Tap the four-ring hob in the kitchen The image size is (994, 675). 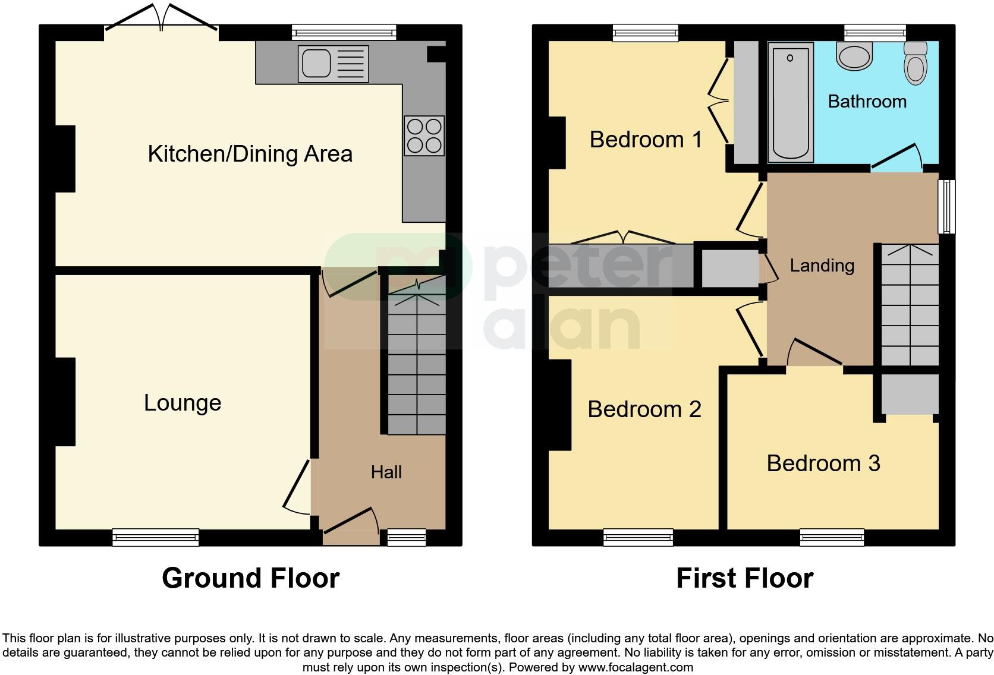click(x=424, y=135)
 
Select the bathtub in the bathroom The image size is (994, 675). click(x=790, y=102)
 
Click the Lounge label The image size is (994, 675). click(x=183, y=403)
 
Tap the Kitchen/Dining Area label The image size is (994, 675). click(x=250, y=154)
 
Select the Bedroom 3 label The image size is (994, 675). click(x=823, y=463)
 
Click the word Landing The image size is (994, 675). click(x=822, y=265)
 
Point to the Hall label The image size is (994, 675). click(x=386, y=472)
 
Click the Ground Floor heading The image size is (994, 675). click(x=250, y=578)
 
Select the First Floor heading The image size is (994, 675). click(x=744, y=578)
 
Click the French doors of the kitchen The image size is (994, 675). click(x=161, y=18)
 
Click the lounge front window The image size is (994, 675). click(x=156, y=538)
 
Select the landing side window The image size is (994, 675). click(x=946, y=207)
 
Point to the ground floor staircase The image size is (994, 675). click(x=416, y=362)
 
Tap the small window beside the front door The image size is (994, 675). click(x=407, y=538)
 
